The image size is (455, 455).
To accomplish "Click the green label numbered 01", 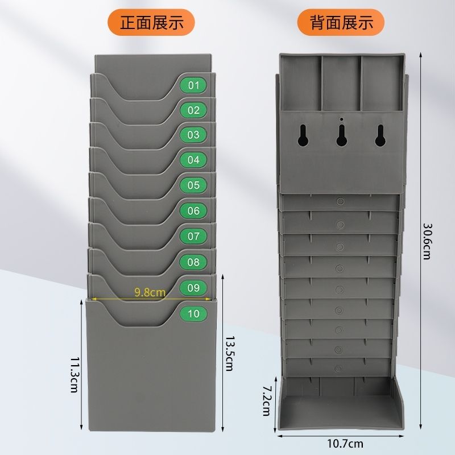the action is pos(193,85).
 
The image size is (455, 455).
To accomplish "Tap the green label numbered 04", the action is pos(193,160).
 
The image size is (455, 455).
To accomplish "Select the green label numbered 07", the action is pos(193,236).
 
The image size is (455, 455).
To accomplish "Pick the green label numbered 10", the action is pos(193,314).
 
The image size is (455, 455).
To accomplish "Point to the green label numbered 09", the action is pos(193,288).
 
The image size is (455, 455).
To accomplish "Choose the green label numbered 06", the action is pos(193,210).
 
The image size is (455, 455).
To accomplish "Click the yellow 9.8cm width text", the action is pos(150,292).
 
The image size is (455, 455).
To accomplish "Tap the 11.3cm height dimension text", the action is pos(75,374).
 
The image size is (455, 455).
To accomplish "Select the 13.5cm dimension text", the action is pos(229,353).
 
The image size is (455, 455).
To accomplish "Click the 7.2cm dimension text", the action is pos(267,400).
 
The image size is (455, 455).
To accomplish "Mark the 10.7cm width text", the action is pos(345,444).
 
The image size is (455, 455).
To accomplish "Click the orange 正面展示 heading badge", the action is pos(151,22).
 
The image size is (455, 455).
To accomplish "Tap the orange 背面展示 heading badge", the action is pos(341,22).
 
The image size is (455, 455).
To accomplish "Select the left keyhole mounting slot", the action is pos(303,135).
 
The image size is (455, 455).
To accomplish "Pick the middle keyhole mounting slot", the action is pos(342,135).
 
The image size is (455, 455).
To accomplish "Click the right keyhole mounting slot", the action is pos(380,135).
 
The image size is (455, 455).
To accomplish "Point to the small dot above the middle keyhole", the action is pos(342,119).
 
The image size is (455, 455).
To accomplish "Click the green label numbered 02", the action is pos(193,110).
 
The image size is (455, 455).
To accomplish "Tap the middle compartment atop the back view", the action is pos(342,83).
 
